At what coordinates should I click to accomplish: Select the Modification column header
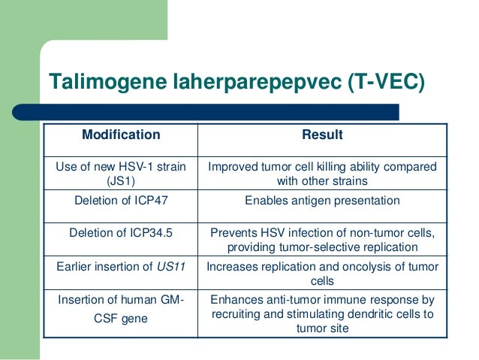(x=121, y=135)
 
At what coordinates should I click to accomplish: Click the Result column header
(x=322, y=135)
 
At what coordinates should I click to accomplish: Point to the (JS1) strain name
(x=120, y=181)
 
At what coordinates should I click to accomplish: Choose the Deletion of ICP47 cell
(x=121, y=201)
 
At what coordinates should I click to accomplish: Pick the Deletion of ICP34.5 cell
(x=121, y=232)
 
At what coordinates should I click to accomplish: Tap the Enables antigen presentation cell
(x=322, y=201)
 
